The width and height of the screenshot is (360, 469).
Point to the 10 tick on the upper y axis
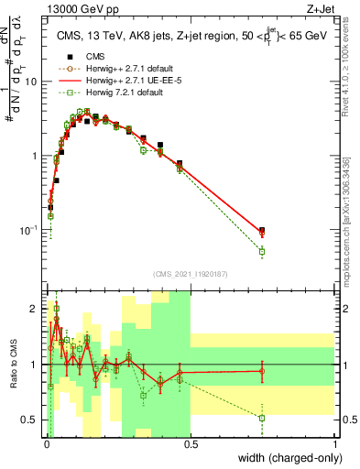(34, 81)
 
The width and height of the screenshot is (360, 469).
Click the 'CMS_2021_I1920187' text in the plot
(191, 274)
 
